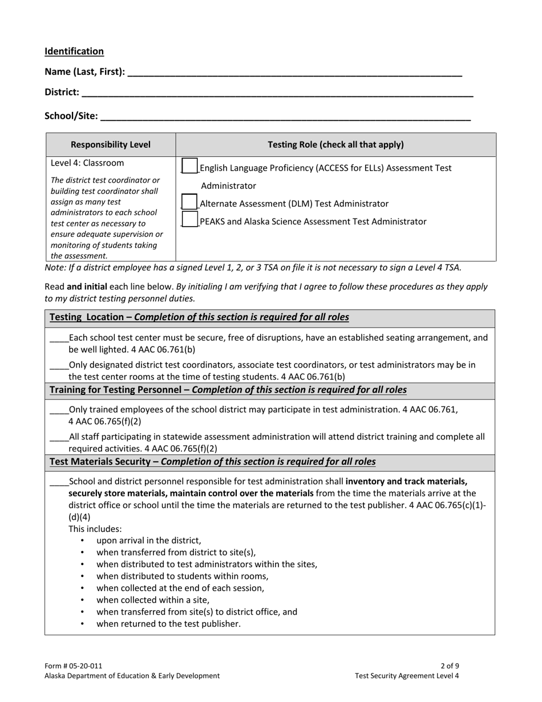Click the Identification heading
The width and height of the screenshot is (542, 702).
pyautogui.click(x=74, y=51)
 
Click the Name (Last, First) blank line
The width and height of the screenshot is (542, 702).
pyautogui.click(x=294, y=72)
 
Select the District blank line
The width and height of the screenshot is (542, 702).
pyautogui.click(x=277, y=93)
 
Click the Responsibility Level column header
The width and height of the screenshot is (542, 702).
pyautogui.click(x=111, y=145)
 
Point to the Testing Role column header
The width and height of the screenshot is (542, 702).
pyautogui.click(x=335, y=145)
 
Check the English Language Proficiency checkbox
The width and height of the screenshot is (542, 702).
pyautogui.click(x=189, y=167)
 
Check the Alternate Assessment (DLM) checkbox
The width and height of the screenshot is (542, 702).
pyautogui.click(x=189, y=203)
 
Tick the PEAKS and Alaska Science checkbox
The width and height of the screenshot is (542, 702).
pyautogui.click(x=189, y=220)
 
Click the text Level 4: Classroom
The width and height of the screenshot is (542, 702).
pyautogui.click(x=87, y=163)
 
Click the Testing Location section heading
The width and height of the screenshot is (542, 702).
pyautogui.click(x=199, y=317)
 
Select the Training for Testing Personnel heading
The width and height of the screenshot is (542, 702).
pyautogui.click(x=228, y=390)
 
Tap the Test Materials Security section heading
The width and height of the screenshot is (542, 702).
pyautogui.click(x=212, y=462)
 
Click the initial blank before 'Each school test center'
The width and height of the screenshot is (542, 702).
pyautogui.click(x=59, y=338)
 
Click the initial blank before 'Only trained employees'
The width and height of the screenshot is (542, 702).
pyautogui.click(x=59, y=410)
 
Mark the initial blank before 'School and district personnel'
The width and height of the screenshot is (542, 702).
pyautogui.click(x=59, y=482)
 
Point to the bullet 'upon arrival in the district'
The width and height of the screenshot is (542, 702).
pyautogui.click(x=148, y=540)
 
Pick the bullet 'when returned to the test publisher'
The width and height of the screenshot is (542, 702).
pyautogui.click(x=168, y=624)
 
